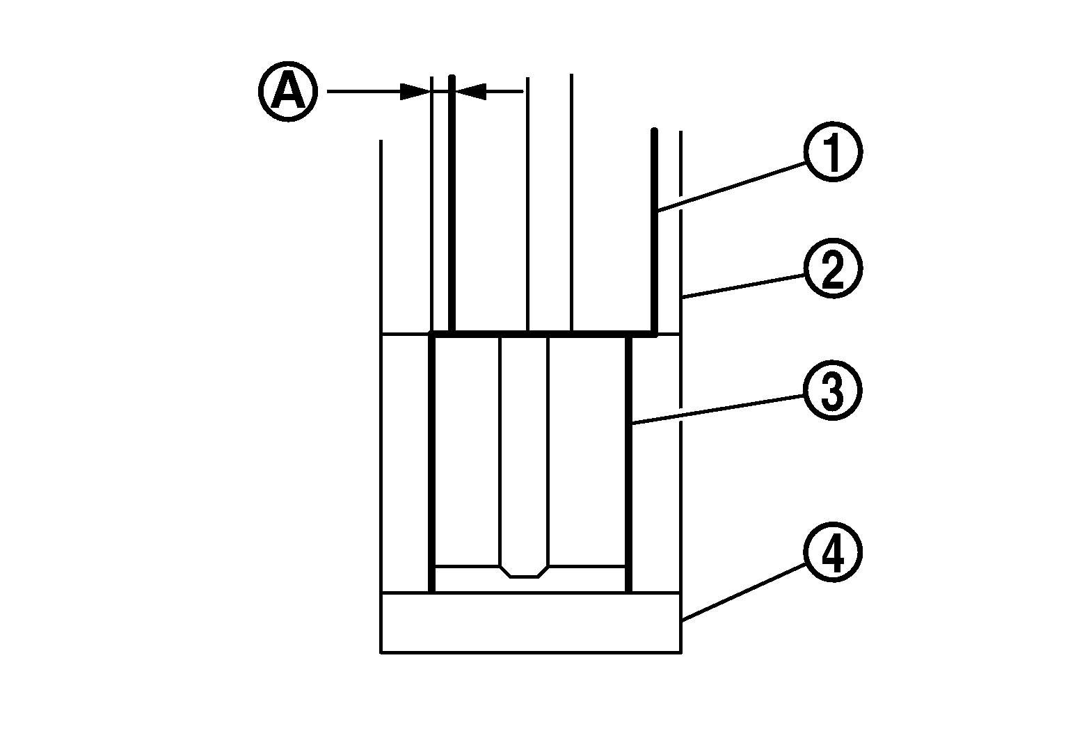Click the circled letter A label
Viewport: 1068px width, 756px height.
(288, 92)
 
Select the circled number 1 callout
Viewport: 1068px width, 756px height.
(832, 152)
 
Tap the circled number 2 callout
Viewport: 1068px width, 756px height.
(832, 268)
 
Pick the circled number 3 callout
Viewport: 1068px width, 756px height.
(832, 390)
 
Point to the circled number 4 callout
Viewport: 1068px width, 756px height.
(832, 552)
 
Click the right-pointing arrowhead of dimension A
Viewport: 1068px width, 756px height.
(415, 92)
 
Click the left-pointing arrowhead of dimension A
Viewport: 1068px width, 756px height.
(470, 91)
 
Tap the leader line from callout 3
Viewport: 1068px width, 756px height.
(717, 409)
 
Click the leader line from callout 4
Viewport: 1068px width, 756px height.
(744, 592)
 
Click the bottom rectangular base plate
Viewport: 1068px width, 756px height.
(531, 622)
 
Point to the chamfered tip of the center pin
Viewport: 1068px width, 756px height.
(524, 572)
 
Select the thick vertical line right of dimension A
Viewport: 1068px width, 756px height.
(452, 204)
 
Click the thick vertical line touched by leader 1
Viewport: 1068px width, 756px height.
(655, 232)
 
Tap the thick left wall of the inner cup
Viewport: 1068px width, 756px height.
(432, 463)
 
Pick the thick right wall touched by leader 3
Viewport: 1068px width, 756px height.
(628, 465)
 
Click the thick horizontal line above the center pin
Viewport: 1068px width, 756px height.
(543, 335)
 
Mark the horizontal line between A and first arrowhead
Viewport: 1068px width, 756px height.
(363, 92)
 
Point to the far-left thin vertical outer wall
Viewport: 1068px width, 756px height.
(381, 396)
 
